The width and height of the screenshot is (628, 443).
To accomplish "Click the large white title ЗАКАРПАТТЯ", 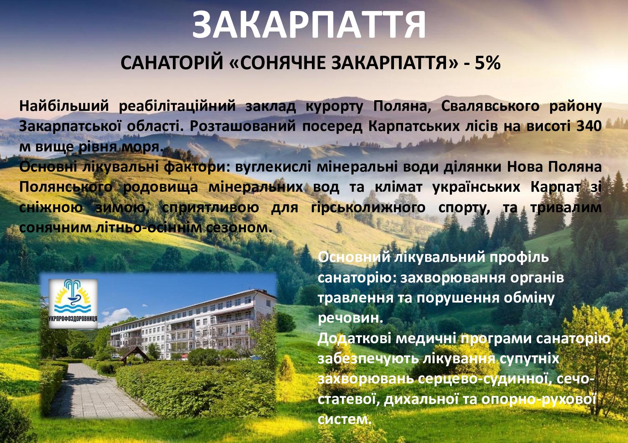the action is (x=309, y=25).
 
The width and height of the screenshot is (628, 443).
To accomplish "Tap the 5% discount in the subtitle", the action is (x=487, y=63).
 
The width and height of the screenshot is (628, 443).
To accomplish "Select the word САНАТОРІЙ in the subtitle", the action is (x=172, y=62).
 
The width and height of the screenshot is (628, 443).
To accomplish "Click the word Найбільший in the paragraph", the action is (x=64, y=106).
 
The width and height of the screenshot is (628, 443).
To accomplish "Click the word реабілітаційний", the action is (x=177, y=106).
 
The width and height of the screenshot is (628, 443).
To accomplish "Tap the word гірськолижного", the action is (x=368, y=208).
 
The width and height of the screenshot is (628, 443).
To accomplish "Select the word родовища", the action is (x=161, y=187).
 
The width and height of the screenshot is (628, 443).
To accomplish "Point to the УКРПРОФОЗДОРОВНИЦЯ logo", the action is (x=73, y=303).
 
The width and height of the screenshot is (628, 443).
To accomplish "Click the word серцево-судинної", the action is (x=485, y=379).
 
